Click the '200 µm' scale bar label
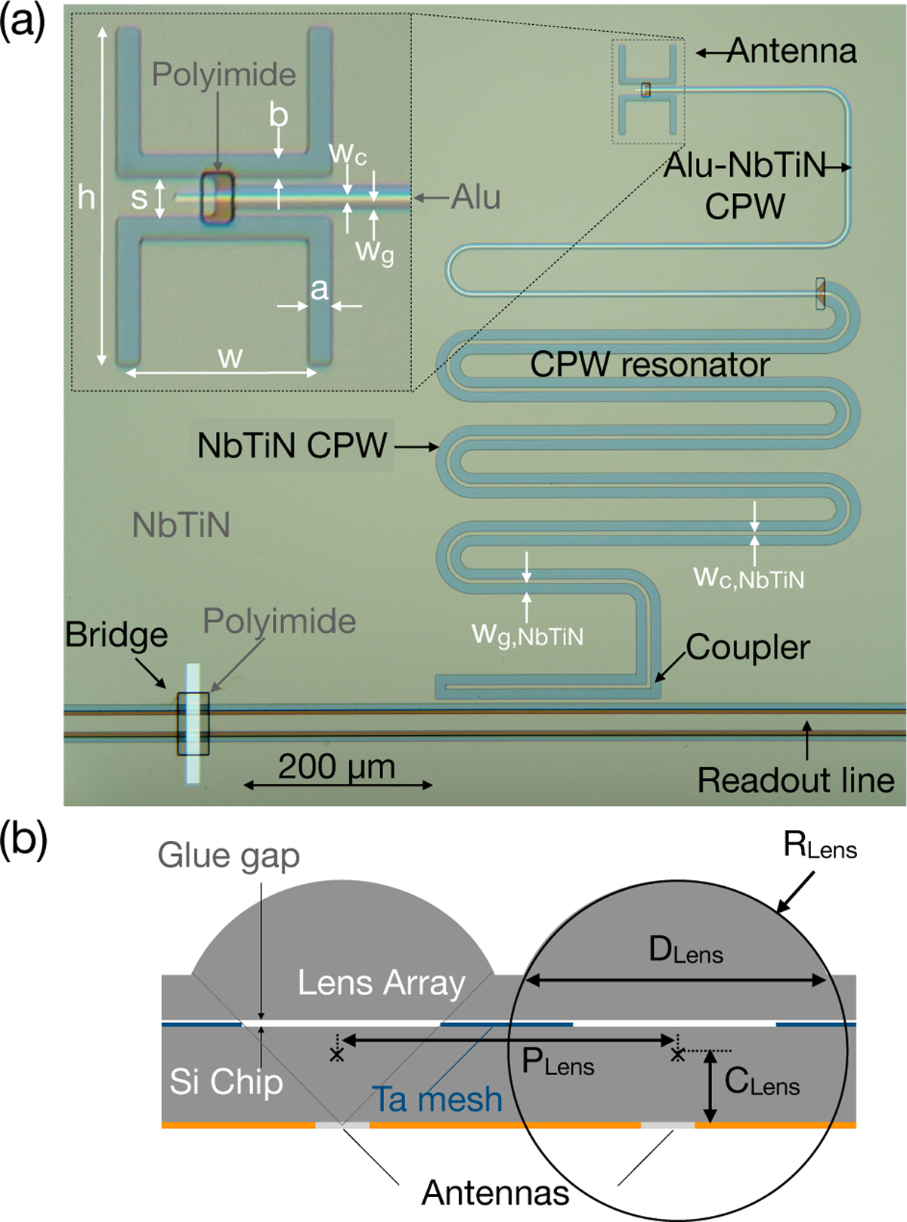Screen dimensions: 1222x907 pyautogui.click(x=336, y=767)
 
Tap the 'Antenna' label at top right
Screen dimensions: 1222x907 pyautogui.click(x=792, y=51)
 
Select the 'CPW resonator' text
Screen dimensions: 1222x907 pyautogui.click(x=649, y=364)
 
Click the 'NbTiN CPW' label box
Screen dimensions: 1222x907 pyautogui.click(x=292, y=445)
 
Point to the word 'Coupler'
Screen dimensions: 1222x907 pyautogui.click(x=748, y=647)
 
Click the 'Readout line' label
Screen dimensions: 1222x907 pyautogui.click(x=795, y=780)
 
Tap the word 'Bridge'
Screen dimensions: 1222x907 pyautogui.click(x=116, y=634)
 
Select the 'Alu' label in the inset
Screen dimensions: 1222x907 pyautogui.click(x=475, y=197)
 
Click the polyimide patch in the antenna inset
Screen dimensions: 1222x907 pyautogui.click(x=218, y=198)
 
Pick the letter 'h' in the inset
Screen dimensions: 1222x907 pyautogui.click(x=86, y=198)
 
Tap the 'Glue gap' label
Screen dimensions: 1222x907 pyautogui.click(x=228, y=856)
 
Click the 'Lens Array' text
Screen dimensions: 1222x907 pyautogui.click(x=381, y=983)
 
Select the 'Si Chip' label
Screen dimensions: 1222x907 pyautogui.click(x=226, y=1081)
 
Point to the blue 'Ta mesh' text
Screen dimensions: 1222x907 pyautogui.click(x=437, y=1099)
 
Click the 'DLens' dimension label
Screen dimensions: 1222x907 pyautogui.click(x=686, y=950)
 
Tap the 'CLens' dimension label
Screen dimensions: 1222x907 pyautogui.click(x=761, y=1082)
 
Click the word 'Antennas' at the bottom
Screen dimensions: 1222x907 pyautogui.click(x=495, y=1193)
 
